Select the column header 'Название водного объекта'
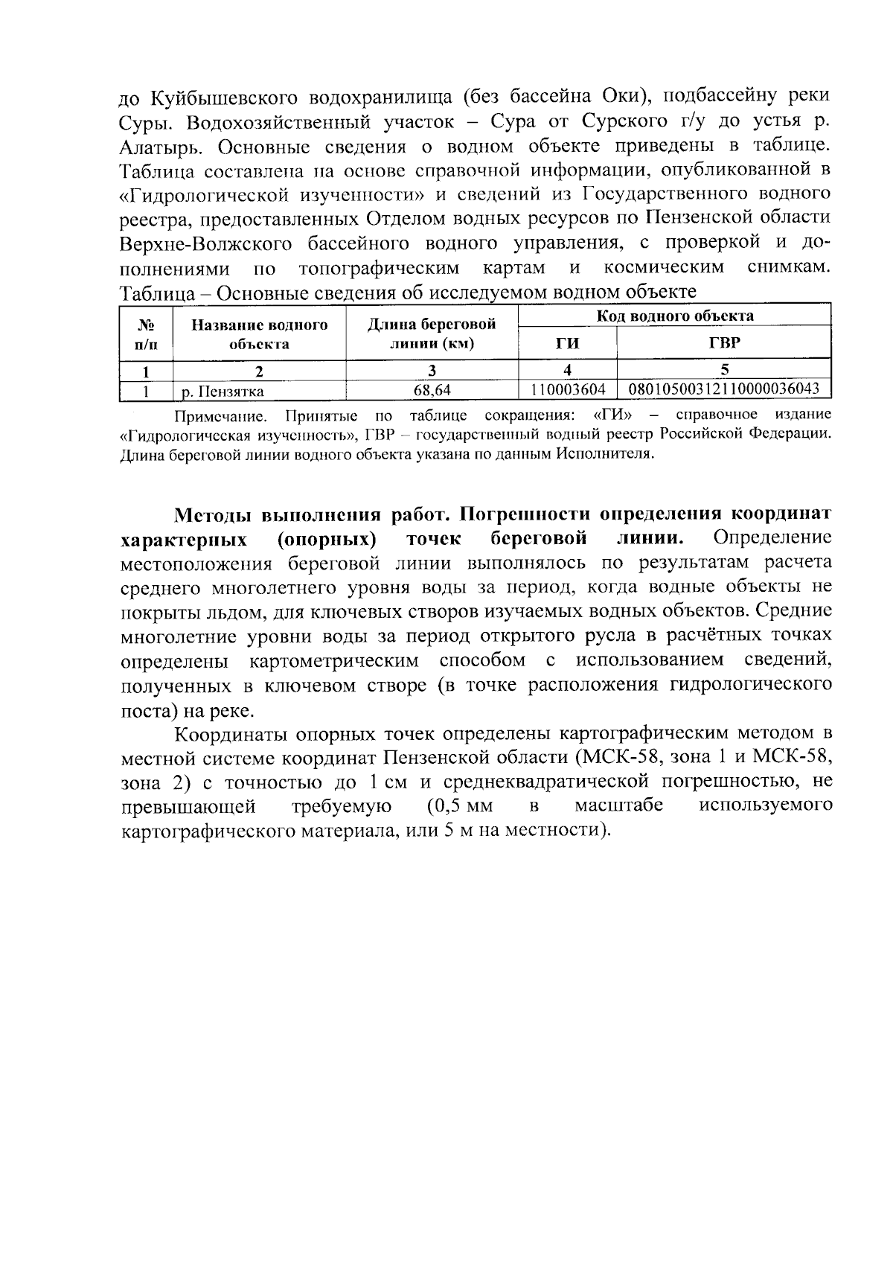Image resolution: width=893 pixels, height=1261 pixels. (x=259, y=334)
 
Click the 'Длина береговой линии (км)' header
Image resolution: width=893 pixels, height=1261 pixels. (x=432, y=334)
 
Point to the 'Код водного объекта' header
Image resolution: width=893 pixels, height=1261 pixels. (x=674, y=316)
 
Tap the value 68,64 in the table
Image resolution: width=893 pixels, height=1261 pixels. (x=432, y=389)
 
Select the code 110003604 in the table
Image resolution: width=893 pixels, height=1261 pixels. (x=568, y=389)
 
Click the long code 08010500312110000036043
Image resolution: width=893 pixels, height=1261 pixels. (x=724, y=389)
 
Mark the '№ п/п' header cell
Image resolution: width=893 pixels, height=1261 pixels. (x=147, y=334)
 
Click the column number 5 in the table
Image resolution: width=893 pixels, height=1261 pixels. (x=723, y=369)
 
